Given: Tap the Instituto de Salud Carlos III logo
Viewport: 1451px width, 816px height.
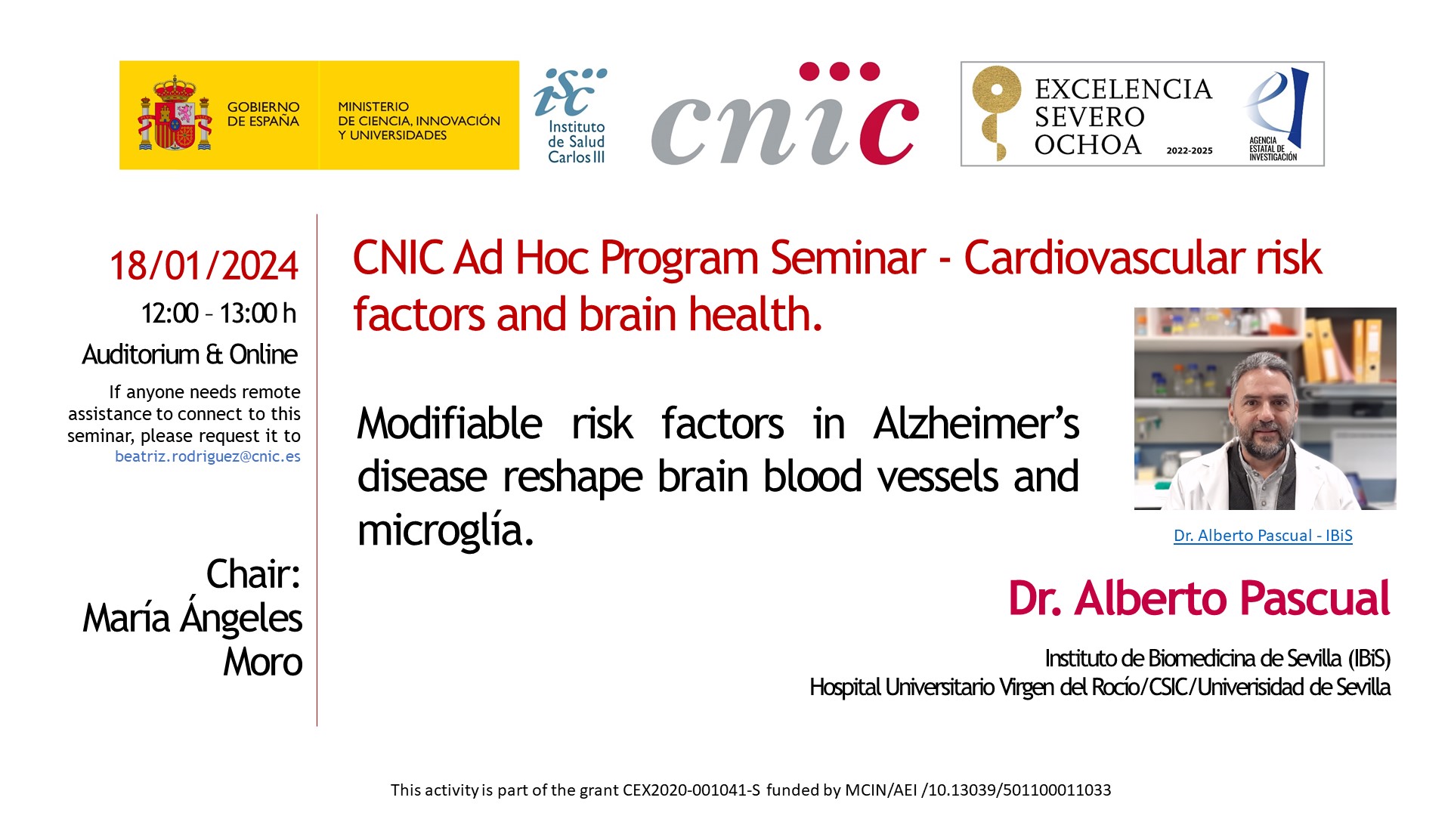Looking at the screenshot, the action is coord(572,116).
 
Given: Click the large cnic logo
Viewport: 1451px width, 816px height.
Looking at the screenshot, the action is coord(785,113).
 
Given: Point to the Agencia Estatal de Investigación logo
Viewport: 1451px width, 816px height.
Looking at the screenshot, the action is coord(1276,114).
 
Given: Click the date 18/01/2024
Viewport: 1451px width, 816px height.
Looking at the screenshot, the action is coord(204,266).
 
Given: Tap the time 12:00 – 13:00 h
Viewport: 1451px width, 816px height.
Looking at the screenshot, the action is coord(218,313).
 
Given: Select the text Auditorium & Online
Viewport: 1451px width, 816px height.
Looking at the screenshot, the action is coord(190,354).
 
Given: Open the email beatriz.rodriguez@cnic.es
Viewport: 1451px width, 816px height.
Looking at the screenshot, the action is coord(208,456).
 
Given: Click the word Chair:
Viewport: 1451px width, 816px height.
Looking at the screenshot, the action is coord(254,574).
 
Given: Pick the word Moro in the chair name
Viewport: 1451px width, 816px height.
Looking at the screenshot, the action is coord(263,663).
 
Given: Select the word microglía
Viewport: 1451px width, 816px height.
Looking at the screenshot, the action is coord(446,531).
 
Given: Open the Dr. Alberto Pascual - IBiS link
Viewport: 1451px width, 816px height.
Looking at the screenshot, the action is coord(1263,536).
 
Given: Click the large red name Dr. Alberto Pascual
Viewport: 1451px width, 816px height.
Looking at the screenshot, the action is coord(1199,598).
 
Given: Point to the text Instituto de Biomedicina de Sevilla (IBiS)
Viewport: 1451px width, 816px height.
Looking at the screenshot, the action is coord(1217,659).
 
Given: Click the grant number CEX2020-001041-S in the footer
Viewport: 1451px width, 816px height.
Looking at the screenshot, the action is coord(691,790).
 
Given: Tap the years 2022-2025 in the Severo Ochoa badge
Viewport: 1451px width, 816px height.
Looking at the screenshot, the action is coord(1190,151).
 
